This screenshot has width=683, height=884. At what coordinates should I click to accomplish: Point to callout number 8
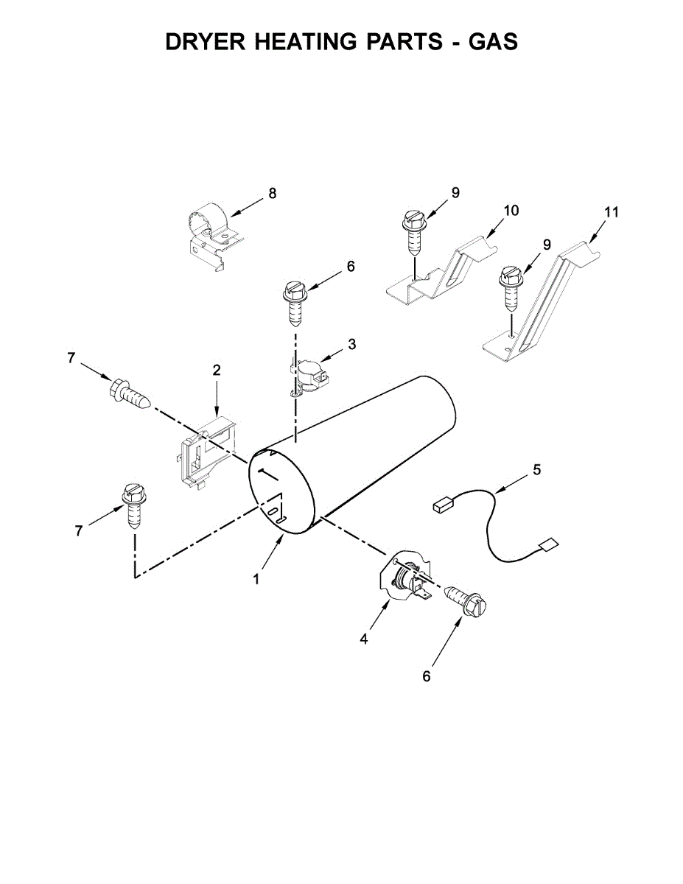pyautogui.click(x=273, y=194)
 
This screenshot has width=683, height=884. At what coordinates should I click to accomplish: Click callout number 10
pyautogui.click(x=511, y=211)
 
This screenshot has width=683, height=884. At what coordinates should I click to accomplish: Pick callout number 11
pyautogui.click(x=612, y=212)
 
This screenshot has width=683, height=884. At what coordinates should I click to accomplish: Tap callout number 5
pyautogui.click(x=536, y=469)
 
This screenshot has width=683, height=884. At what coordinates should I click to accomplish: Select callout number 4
pyautogui.click(x=364, y=639)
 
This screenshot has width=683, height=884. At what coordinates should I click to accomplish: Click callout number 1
pyautogui.click(x=256, y=580)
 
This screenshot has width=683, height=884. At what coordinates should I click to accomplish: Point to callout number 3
pyautogui.click(x=352, y=344)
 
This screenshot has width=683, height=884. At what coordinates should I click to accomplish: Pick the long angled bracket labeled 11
pyautogui.click(x=545, y=302)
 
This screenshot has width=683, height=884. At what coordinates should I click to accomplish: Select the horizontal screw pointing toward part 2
pyautogui.click(x=130, y=394)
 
